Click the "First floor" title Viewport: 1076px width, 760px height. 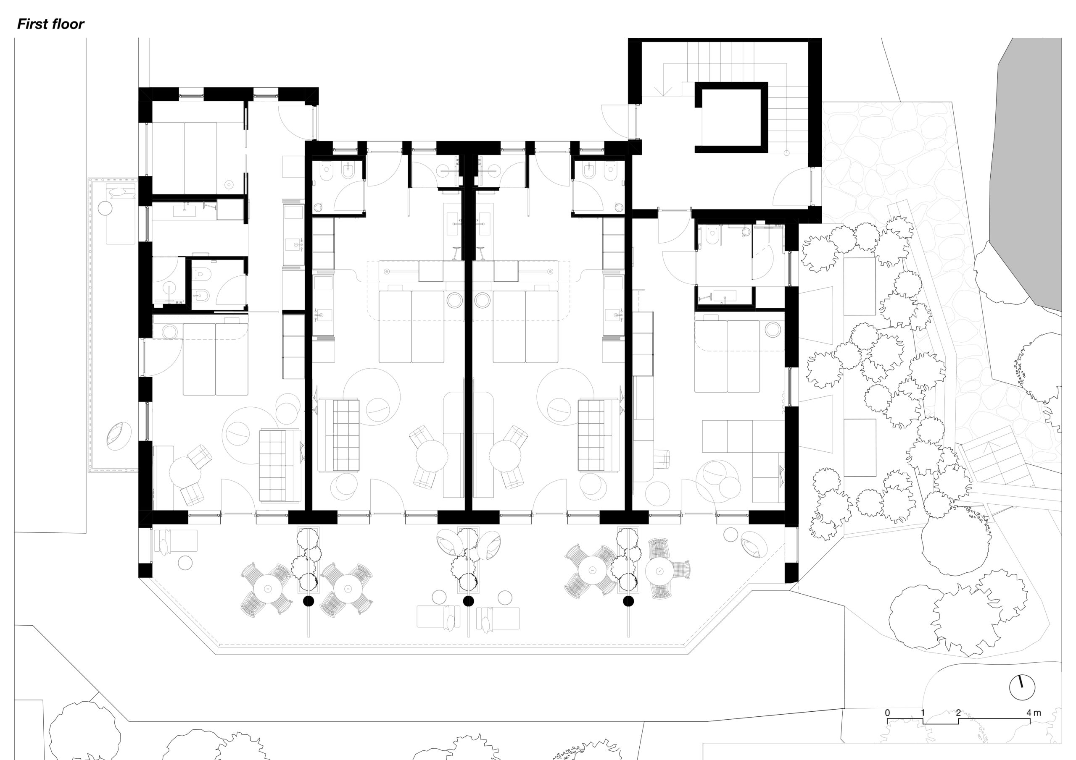click(50, 24)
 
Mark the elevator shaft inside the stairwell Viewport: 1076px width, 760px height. click(731, 118)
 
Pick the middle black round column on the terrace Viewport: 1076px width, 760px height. click(468, 601)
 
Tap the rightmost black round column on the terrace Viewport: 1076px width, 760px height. click(628, 601)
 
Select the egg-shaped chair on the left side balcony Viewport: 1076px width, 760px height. click(118, 435)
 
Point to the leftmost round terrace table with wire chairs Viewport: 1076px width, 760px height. click(268, 588)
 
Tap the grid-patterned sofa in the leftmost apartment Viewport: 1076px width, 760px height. click(280, 466)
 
